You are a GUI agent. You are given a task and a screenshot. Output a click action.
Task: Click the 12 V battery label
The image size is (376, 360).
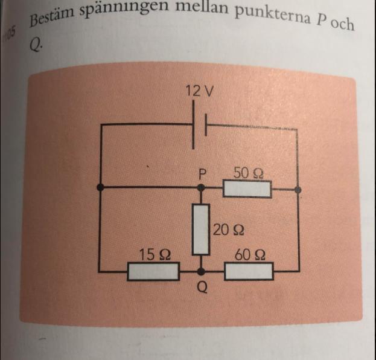[200, 92]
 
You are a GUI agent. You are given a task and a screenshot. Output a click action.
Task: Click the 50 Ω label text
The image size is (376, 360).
[248, 173]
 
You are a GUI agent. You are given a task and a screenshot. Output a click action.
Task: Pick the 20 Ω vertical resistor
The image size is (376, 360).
[201, 229]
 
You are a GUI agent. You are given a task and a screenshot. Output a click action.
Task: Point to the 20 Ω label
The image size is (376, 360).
[229, 230]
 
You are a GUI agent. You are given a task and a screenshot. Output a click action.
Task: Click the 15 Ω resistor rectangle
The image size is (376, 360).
[153, 272]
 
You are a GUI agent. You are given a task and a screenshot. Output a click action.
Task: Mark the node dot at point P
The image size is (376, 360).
[201, 188]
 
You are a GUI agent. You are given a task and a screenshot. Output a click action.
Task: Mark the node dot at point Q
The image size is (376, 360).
[201, 272]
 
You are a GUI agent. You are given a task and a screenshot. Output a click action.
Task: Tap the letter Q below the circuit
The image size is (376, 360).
[202, 288]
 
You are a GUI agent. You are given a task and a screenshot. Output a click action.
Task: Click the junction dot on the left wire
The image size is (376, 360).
[100, 188]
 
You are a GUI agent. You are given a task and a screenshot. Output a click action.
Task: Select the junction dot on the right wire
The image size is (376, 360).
[298, 189]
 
